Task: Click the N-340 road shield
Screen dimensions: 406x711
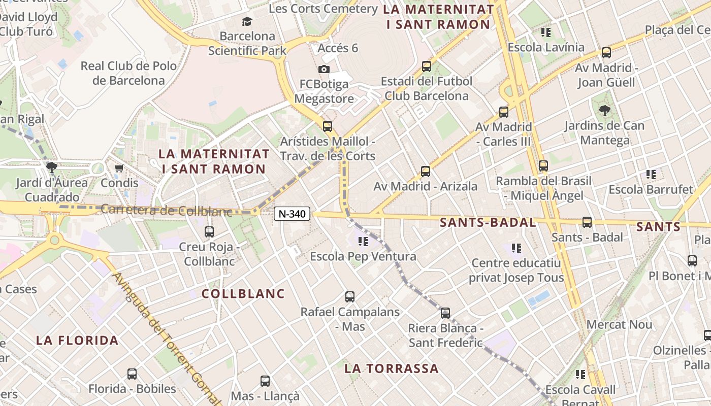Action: click(x=292, y=214)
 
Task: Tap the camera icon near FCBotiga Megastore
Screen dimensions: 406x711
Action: click(x=324, y=69)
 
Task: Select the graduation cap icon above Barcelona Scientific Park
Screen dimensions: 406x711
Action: click(x=247, y=21)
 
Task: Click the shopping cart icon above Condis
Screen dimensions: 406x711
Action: click(x=119, y=168)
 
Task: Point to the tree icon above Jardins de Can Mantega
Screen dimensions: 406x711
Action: click(x=604, y=110)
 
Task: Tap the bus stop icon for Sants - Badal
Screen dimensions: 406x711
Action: click(x=587, y=222)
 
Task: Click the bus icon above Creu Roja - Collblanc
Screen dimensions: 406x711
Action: click(x=209, y=232)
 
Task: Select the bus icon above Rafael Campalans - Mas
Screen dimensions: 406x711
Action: click(x=350, y=297)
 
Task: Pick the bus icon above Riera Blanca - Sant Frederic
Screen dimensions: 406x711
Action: click(x=445, y=313)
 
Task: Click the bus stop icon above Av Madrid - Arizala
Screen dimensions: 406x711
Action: click(x=426, y=172)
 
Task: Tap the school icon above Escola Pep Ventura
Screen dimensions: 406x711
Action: click(x=363, y=241)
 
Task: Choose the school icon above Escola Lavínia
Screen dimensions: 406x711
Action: click(x=546, y=32)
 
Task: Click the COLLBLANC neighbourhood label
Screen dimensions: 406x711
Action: click(x=243, y=294)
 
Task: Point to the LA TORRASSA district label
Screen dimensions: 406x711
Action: click(x=392, y=368)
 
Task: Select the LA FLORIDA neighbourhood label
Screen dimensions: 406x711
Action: click(x=77, y=341)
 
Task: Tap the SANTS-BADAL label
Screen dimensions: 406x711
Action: click(x=488, y=222)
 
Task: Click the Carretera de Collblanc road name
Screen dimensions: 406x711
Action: click(x=167, y=210)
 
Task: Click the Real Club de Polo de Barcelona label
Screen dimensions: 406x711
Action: click(x=129, y=73)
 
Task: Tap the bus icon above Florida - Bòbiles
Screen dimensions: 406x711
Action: click(x=132, y=374)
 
